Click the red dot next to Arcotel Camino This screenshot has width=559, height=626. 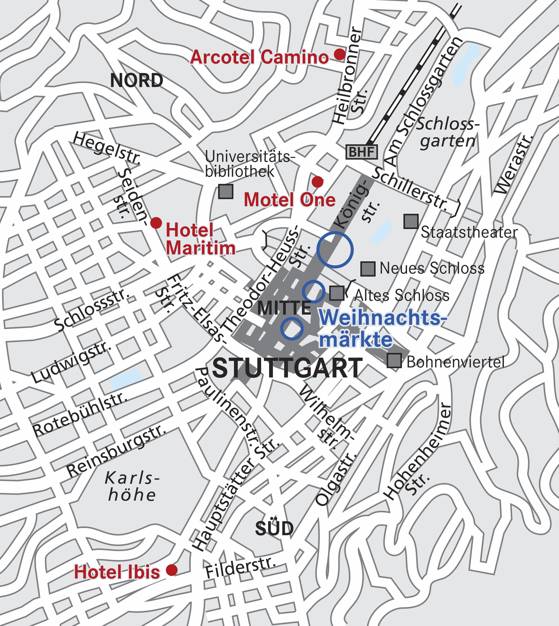[340, 54]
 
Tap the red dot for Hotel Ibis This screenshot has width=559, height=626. [172, 570]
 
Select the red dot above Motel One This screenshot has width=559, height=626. [317, 182]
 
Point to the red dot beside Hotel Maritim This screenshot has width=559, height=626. [156, 222]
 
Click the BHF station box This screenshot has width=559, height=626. [361, 152]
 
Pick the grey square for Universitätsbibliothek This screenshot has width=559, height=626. [226, 191]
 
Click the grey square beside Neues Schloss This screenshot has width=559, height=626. [368, 269]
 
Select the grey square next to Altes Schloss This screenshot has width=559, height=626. [337, 293]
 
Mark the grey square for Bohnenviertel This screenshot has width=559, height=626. [394, 360]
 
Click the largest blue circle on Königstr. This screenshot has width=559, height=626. [335, 249]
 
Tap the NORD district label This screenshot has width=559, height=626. [137, 81]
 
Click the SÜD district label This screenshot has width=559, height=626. [274, 529]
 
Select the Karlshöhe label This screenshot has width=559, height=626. [132, 487]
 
